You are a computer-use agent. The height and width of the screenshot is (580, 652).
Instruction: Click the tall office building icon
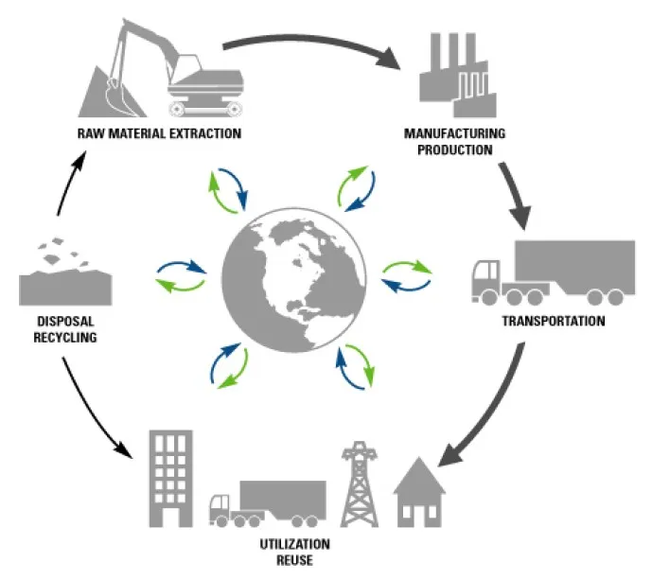[x=169, y=477]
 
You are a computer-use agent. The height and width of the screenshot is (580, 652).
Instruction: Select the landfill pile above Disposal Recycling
[x=65, y=274]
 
